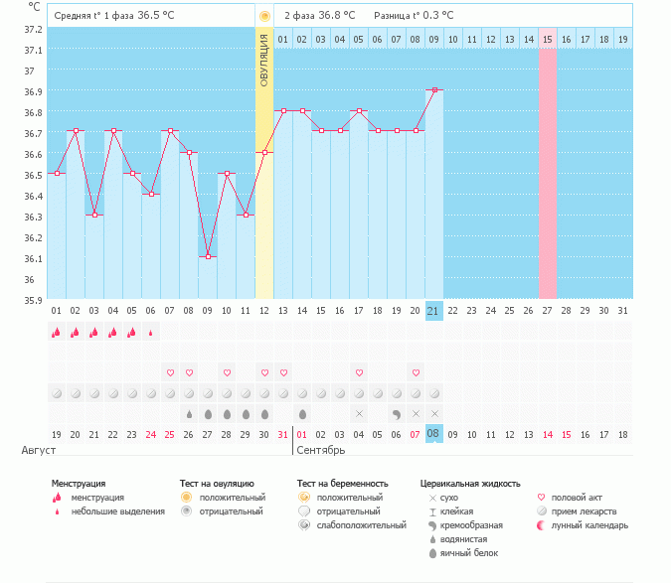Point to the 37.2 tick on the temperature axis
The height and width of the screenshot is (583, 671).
[34, 29]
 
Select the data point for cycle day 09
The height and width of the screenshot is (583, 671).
[207, 257]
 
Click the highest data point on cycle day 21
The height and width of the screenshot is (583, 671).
[434, 89]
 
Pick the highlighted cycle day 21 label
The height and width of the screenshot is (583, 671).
[433, 310]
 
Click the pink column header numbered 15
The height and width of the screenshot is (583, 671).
[547, 39]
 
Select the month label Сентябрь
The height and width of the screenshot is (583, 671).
[320, 450]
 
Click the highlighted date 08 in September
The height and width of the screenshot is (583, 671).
[433, 434]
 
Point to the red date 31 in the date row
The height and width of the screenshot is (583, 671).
[283, 434]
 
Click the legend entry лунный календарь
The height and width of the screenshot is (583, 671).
[590, 525]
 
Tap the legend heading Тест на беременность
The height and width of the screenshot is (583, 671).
[340, 483]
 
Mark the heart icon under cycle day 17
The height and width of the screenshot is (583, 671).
[359, 372]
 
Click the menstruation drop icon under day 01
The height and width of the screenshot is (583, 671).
[56, 333]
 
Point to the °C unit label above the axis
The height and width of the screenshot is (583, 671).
[35, 7]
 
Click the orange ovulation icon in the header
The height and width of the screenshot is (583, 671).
[264, 16]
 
